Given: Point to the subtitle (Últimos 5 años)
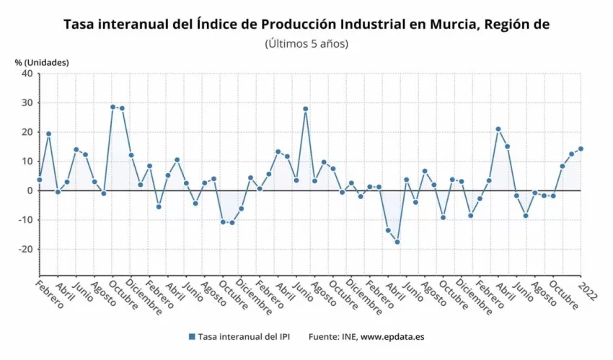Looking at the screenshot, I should [306, 43].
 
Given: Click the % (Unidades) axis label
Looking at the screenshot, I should [42, 62].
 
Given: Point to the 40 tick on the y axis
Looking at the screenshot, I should [27, 73].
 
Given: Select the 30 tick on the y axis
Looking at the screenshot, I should [27, 102].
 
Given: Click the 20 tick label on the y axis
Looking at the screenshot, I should [27, 132].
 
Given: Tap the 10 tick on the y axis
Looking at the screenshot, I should [27, 161].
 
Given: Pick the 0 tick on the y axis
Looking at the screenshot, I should [30, 190].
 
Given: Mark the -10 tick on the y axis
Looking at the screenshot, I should [25, 220].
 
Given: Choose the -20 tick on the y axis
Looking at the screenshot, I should [25, 249].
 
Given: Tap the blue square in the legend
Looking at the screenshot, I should [192, 337].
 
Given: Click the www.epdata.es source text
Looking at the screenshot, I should [393, 337].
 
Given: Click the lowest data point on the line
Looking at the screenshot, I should [397, 242].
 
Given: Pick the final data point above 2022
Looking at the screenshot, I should [581, 149].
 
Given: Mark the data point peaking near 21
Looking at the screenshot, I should [498, 129].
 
